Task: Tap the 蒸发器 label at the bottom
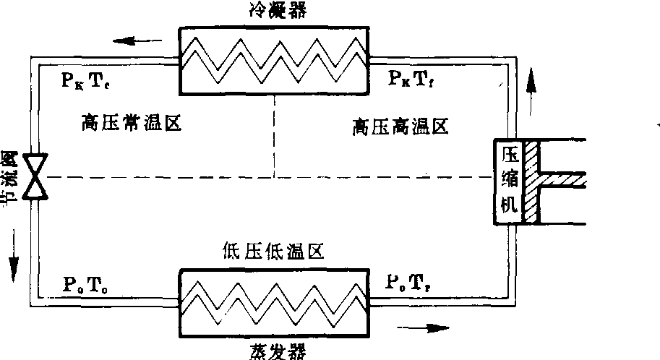point(274,351)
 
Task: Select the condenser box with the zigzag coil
point(274,60)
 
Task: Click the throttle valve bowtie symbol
point(34,176)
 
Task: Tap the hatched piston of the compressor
point(532,180)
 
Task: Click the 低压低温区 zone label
point(274,252)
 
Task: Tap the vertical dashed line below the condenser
point(274,137)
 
